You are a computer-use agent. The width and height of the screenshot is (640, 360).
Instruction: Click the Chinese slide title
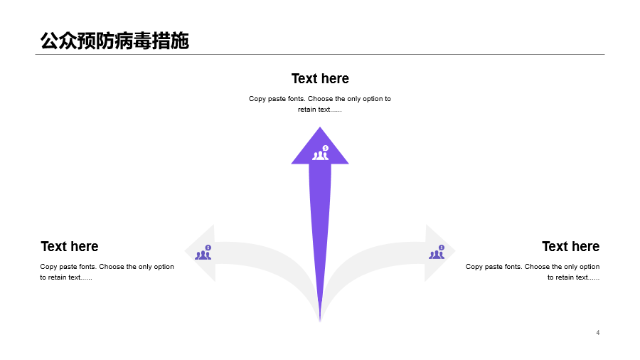tap(114, 41)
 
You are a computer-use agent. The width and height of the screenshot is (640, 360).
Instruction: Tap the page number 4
tap(597, 333)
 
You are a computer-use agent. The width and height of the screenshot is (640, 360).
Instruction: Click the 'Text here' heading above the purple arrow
tap(320, 78)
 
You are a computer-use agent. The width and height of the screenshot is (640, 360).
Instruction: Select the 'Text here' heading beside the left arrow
tap(70, 247)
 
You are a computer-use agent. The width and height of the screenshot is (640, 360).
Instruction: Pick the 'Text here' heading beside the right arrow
tap(570, 247)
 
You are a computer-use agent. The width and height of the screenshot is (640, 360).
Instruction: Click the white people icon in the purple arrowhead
tap(321, 153)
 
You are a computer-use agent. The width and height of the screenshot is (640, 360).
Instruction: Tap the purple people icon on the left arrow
tap(203, 253)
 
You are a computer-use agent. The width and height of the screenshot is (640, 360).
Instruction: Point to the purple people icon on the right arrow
tap(437, 253)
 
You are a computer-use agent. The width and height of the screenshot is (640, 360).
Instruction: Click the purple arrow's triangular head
tap(320, 149)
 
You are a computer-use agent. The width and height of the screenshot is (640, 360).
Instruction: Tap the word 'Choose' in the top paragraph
tap(321, 99)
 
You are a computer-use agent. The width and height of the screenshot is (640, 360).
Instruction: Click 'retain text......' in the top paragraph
tap(319, 110)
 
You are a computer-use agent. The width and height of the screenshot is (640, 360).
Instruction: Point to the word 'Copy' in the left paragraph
tap(48, 267)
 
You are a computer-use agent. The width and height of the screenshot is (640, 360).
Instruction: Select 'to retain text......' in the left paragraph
tap(66, 277)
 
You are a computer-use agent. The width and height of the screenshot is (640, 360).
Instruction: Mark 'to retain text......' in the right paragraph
tap(573, 277)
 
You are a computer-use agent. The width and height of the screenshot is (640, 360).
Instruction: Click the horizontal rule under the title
tap(320, 54)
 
